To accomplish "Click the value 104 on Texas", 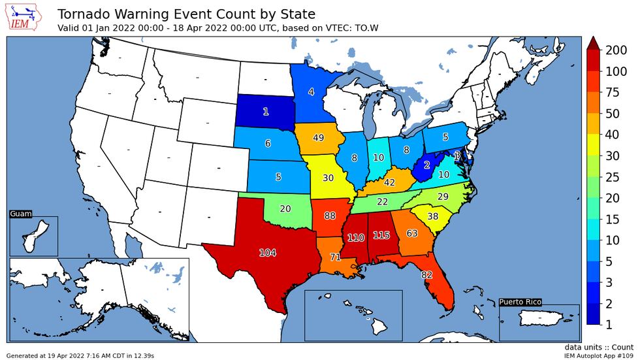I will point(268,252).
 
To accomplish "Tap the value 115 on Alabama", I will point(381,235).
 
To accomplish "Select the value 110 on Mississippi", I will point(355,238).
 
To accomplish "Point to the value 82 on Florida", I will point(427,274).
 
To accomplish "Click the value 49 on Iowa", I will point(319,137).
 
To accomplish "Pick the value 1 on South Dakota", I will point(265,112).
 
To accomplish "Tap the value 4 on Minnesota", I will point(311,92).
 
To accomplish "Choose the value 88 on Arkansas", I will point(329,216).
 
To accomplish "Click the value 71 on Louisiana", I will point(335,257).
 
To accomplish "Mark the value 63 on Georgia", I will point(412,233).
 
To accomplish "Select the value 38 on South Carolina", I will point(432,216).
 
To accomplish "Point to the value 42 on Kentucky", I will point(389,183).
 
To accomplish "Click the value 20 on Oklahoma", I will point(285,208).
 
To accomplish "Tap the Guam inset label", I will point(20,214).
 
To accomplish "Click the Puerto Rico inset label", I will point(520,302).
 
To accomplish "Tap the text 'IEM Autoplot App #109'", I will point(599,355).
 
